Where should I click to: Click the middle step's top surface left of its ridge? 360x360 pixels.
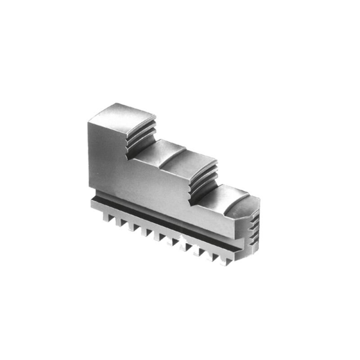(x=160, y=151)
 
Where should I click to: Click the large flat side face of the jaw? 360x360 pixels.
(x=148, y=180)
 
